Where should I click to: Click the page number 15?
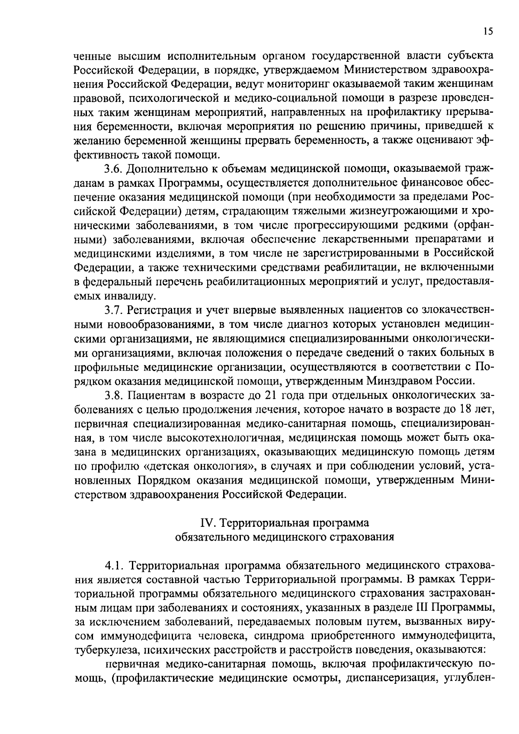coord(488,31)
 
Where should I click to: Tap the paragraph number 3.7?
coord(114,310)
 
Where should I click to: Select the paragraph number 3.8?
coord(114,396)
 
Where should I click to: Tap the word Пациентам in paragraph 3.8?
coord(156,396)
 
